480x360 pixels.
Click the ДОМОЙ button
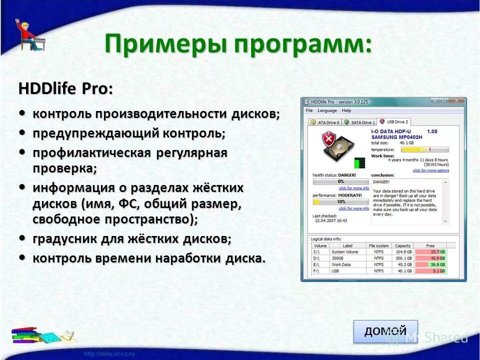(x=385, y=331)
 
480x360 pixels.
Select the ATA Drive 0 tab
(x=324, y=122)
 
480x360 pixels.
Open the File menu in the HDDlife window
(x=309, y=110)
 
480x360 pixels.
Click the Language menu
(x=327, y=110)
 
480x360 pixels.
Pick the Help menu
(x=346, y=110)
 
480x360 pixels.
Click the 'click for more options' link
(x=430, y=170)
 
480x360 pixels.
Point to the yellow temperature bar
(x=424, y=149)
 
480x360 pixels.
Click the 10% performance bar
(x=340, y=201)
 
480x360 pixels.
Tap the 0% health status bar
(x=340, y=181)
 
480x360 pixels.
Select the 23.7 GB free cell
(x=430, y=251)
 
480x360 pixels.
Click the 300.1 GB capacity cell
(x=402, y=258)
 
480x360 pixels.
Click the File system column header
(x=378, y=245)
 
